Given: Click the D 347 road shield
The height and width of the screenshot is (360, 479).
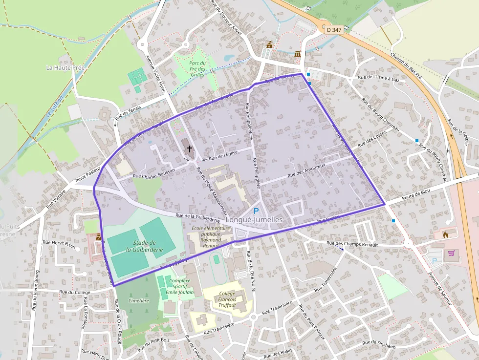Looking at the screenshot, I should point(334,30).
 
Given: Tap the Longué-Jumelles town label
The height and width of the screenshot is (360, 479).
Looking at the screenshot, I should point(255,220).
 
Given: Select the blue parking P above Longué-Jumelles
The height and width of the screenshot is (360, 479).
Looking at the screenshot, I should point(256,211).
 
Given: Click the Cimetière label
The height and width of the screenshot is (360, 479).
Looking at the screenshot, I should point(138,300).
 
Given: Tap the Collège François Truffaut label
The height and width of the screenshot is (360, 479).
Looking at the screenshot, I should point(228,299).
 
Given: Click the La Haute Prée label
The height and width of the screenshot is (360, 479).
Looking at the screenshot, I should point(65,67).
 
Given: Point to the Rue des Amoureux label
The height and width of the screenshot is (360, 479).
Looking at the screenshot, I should point(307,169).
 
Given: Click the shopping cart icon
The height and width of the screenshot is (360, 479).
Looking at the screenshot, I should point(451,253).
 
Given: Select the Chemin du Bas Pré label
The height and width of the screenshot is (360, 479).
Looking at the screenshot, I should point(406,65).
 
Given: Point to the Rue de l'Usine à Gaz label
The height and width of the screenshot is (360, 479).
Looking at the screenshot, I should point(379,77).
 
